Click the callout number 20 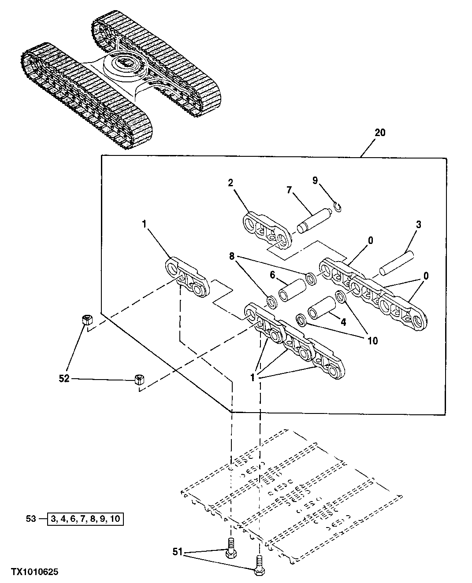point(379,133)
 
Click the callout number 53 point(30,519)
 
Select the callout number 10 point(372,340)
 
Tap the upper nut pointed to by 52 point(87,320)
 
